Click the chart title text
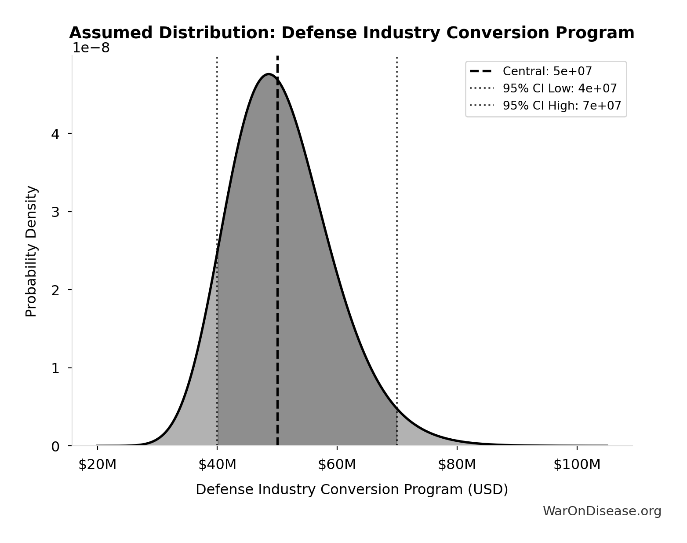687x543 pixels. click(x=352, y=33)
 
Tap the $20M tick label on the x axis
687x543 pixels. click(x=97, y=465)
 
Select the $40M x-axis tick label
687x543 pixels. click(x=217, y=465)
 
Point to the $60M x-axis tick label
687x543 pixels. click(x=337, y=465)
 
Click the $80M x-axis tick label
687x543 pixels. click(x=457, y=465)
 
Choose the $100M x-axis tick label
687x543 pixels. click(x=577, y=465)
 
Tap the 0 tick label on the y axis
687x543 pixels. click(x=55, y=447)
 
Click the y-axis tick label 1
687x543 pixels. click(x=55, y=368)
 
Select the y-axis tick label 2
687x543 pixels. click(x=55, y=290)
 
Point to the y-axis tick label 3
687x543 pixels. click(x=55, y=212)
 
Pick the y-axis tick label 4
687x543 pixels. click(x=55, y=134)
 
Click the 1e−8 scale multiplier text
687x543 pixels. click(x=91, y=48)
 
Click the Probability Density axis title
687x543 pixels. click(x=31, y=251)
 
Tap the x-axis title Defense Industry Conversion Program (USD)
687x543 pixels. click(x=352, y=490)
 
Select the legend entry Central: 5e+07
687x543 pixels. click(x=547, y=71)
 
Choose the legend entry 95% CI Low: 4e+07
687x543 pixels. click(x=560, y=88)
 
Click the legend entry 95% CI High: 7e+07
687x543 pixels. click(x=562, y=106)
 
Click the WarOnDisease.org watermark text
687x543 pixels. click(x=602, y=511)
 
